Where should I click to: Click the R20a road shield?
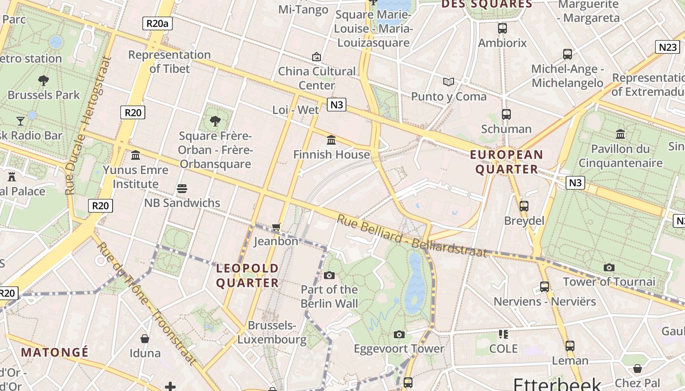pos(158,23)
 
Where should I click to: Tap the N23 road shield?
pos(667,47)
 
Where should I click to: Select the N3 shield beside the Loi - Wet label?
pos(337,105)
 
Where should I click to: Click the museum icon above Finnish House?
pos(331,140)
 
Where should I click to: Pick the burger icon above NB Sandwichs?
pos(182,189)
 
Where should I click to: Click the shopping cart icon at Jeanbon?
pos(276,227)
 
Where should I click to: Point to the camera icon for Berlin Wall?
pos(329,276)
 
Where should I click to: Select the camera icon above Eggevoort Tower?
pos(399,335)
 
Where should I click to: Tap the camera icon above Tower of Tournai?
pos(609,268)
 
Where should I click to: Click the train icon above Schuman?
pos(506,114)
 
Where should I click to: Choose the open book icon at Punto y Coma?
pos(449,82)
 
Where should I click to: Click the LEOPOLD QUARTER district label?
pos(247,275)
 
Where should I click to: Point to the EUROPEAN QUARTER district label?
pos(506,162)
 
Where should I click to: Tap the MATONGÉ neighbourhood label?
pos(55,352)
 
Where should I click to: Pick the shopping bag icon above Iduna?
pos(145,339)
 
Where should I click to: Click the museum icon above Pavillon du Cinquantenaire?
pos(620,134)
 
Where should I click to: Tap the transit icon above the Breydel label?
pos(524,206)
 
